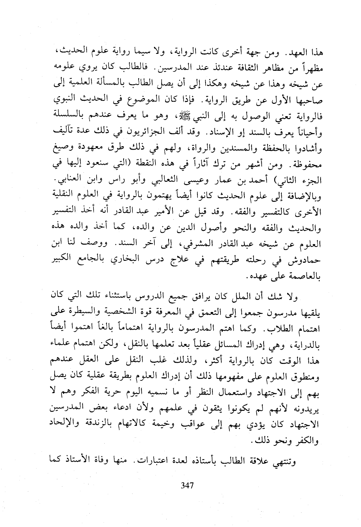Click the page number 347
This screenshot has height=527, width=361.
tap(187, 485)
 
